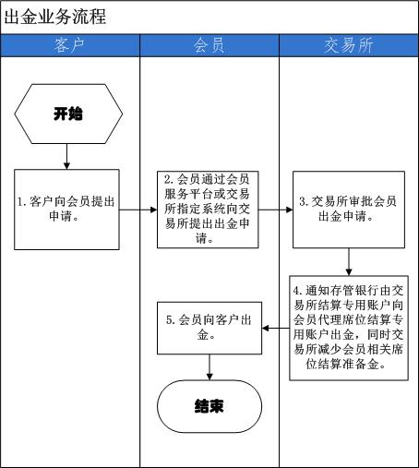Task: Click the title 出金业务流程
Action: (x=55, y=17)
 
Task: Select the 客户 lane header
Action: (x=70, y=45)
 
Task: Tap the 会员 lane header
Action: (x=209, y=45)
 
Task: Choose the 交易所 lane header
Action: (x=349, y=45)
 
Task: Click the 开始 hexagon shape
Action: (x=68, y=114)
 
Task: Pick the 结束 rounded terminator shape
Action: (x=209, y=406)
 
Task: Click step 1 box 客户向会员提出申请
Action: (x=66, y=210)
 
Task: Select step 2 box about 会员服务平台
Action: (x=208, y=210)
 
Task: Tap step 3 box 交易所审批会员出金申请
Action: (x=349, y=210)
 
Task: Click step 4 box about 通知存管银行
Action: (x=349, y=328)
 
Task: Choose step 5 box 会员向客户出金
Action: (x=209, y=328)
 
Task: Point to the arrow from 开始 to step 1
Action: (x=66, y=156)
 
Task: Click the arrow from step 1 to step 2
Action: (x=138, y=210)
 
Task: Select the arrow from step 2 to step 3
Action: (x=275, y=210)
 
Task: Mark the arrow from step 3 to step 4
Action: (x=349, y=261)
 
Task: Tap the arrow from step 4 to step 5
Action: (x=276, y=328)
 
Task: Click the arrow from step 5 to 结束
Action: (x=209, y=367)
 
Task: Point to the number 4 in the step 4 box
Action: (x=296, y=291)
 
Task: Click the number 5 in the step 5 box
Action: (x=170, y=320)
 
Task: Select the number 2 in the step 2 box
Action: (x=167, y=180)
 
